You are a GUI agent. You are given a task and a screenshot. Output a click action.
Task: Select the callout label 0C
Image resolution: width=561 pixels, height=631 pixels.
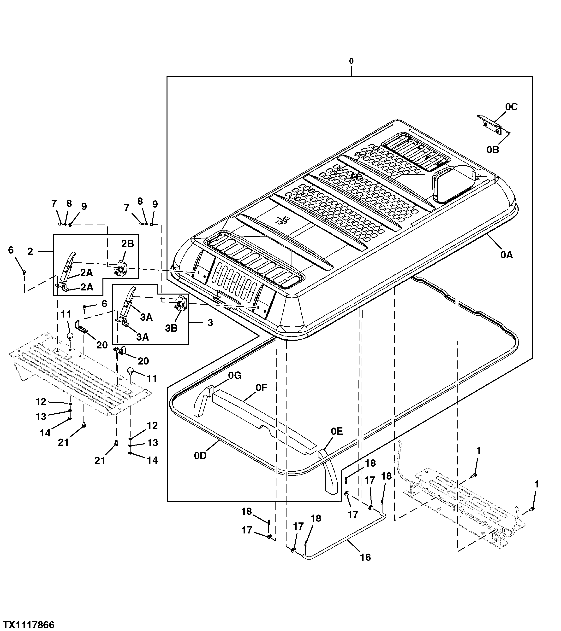coord(511,107)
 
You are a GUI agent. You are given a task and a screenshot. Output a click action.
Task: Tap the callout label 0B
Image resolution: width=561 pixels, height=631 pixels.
coord(493,150)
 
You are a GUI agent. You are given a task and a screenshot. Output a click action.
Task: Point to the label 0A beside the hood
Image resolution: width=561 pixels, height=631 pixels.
coord(507,255)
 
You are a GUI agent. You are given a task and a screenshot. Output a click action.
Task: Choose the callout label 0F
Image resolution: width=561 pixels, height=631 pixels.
coord(261,388)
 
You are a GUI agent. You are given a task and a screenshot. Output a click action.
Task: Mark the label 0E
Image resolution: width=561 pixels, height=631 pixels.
coord(337,431)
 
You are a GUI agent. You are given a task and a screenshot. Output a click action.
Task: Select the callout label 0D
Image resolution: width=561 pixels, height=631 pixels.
coord(200,456)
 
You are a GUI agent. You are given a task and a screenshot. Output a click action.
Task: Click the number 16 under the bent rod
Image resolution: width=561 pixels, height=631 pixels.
coord(365,557)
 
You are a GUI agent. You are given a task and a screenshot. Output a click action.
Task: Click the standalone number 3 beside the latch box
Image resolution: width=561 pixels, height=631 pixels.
coord(210,323)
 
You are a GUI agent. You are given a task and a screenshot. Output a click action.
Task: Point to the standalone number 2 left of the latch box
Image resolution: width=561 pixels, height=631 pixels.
coord(30,251)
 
